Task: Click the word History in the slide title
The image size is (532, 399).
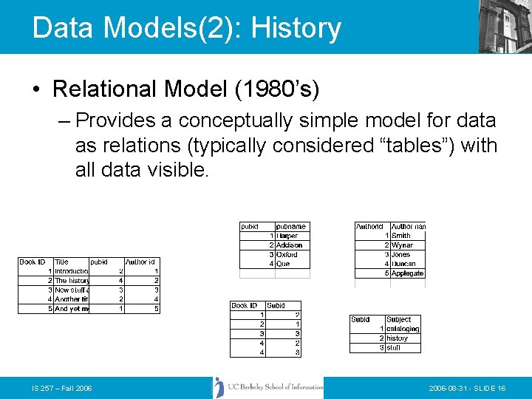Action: click(x=296, y=28)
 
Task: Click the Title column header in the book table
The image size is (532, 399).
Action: click(x=62, y=262)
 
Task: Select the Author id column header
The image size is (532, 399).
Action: click(x=140, y=262)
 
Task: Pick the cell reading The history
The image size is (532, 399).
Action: click(x=72, y=281)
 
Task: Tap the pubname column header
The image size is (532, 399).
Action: click(x=290, y=227)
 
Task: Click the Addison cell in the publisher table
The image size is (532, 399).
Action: click(x=289, y=245)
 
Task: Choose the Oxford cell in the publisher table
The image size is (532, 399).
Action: click(x=287, y=254)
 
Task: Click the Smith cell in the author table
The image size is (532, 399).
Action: click(x=401, y=236)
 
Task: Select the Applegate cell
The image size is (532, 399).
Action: click(x=408, y=273)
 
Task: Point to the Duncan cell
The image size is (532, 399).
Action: click(x=404, y=264)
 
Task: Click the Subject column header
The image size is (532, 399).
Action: click(x=399, y=320)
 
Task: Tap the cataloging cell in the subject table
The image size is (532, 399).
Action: click(x=403, y=329)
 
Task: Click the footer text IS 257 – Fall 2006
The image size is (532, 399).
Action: click(x=61, y=389)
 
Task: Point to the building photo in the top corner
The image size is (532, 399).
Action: click(x=505, y=27)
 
